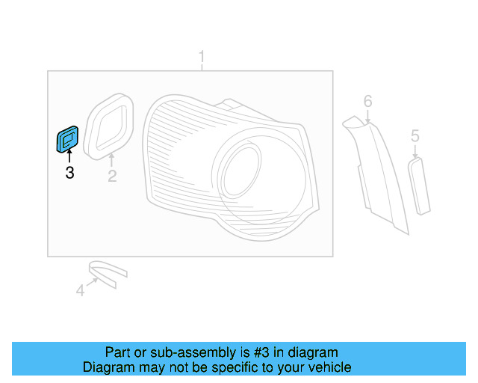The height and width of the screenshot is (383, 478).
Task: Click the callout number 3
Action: [x=69, y=174]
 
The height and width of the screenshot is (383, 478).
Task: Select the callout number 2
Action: [x=112, y=177]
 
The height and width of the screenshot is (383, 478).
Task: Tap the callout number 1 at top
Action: [x=201, y=57]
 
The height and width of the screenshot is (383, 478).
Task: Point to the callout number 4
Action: [x=81, y=290]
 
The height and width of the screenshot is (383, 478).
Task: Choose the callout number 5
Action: [x=415, y=136]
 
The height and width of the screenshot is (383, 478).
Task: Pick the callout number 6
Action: [x=367, y=101]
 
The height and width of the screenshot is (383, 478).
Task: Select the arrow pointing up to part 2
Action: [x=111, y=159]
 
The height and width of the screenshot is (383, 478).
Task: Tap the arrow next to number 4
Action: [x=93, y=283]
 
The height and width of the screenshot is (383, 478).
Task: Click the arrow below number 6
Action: [x=367, y=117]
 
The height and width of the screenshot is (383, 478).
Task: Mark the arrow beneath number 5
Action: [x=415, y=150]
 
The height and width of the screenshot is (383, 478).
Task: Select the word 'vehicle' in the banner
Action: [x=328, y=367]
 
